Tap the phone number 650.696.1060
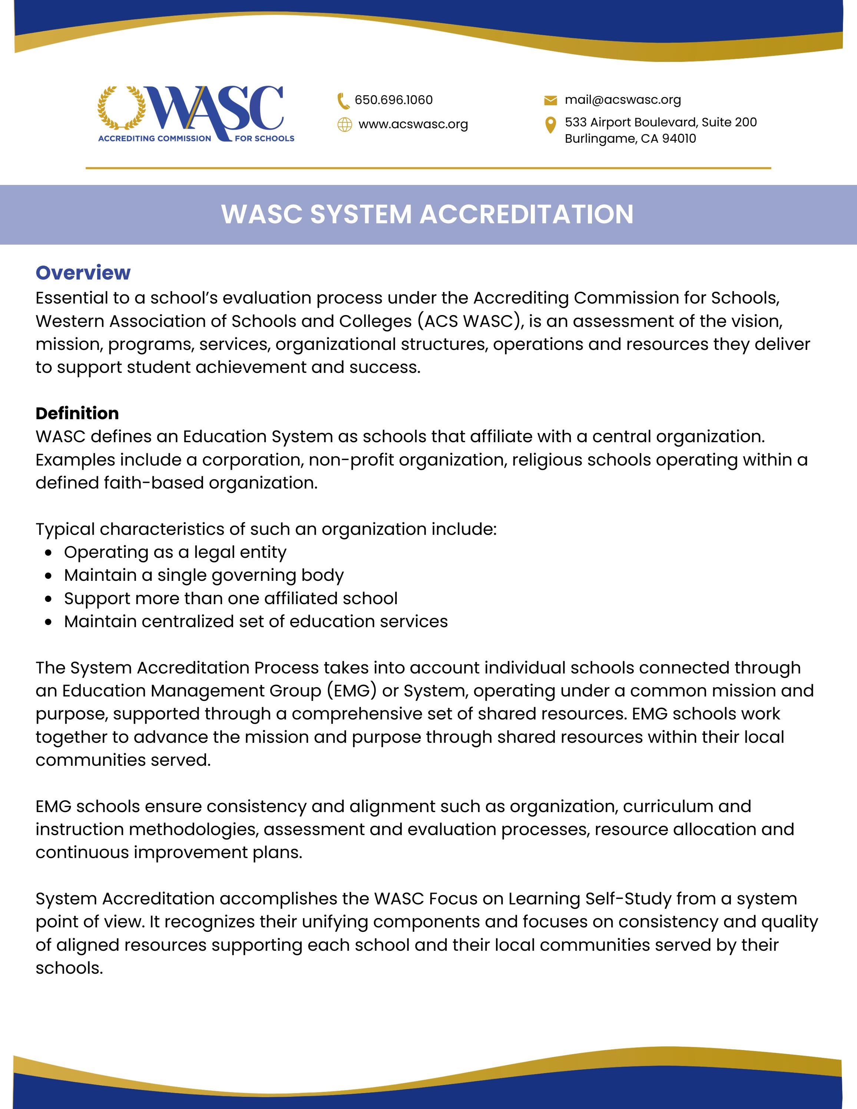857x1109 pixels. point(393,100)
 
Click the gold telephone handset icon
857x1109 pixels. point(344,100)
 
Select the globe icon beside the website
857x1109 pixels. point(345,125)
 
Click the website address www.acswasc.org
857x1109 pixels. point(413,125)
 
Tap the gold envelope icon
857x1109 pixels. point(550,100)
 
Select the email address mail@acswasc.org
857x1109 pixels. point(623,100)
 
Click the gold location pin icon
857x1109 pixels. point(550,125)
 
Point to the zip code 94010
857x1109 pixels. point(678,139)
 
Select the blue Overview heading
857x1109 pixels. point(83,273)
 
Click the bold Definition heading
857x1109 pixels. point(77,413)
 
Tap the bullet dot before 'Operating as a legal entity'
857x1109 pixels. point(48,553)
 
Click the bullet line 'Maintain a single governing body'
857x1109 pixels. point(204,575)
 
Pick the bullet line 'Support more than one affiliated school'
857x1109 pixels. point(231,598)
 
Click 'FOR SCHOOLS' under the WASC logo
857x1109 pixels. point(265,138)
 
